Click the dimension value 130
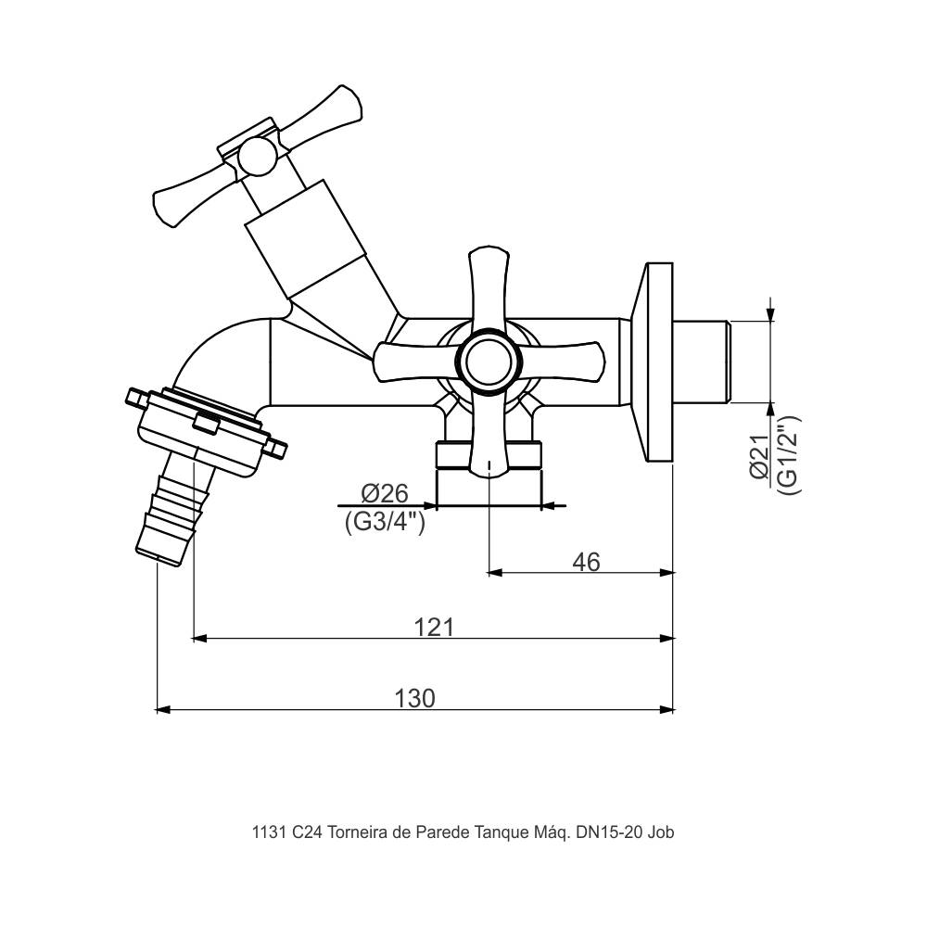coord(414,698)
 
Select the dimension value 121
coord(433,627)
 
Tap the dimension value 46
coord(586,562)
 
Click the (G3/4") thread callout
coord(385,521)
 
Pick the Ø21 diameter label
coord(759,458)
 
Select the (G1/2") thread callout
coord(787,454)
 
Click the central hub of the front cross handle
coord(488,361)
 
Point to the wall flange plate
coord(659,362)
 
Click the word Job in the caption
coord(661,832)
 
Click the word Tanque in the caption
coord(502,832)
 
